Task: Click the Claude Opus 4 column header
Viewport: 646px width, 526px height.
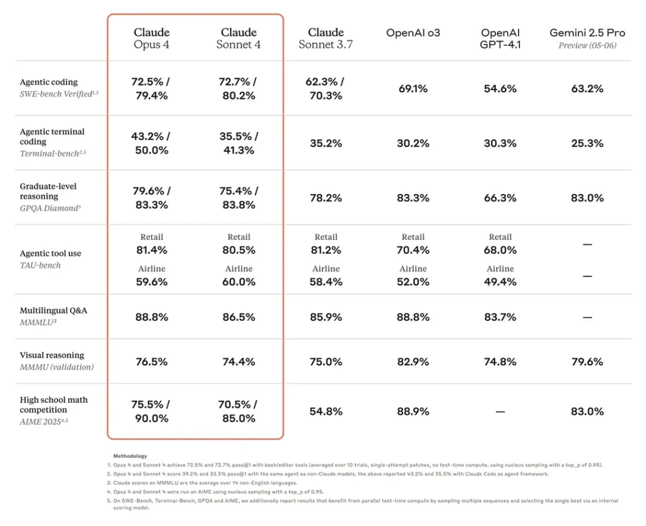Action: (x=151, y=38)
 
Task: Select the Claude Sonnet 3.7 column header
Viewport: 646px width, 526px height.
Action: (x=326, y=38)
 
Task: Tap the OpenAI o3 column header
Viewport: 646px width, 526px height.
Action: (x=413, y=33)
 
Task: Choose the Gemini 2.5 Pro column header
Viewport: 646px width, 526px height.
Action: (x=587, y=33)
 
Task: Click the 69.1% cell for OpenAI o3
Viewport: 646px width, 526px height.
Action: (x=413, y=89)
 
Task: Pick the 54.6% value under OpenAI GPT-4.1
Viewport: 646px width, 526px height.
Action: (x=500, y=89)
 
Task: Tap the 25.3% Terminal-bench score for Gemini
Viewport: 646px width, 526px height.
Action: (x=587, y=143)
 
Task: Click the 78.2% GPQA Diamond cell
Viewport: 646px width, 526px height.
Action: (x=326, y=198)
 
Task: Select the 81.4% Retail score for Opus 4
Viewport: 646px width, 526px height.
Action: (x=151, y=250)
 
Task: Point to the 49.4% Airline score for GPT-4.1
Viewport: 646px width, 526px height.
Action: (x=500, y=281)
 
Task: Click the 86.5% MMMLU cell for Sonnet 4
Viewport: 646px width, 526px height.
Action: (x=238, y=317)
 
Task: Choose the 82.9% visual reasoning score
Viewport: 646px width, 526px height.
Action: (x=413, y=361)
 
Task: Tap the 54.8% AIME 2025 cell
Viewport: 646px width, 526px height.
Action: (x=326, y=411)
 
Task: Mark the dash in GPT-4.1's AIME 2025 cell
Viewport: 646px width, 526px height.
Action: (x=500, y=411)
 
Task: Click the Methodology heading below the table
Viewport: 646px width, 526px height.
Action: (x=131, y=455)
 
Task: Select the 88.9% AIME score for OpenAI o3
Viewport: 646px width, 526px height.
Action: (x=413, y=411)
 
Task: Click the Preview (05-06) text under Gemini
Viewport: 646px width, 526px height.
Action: (x=587, y=45)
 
